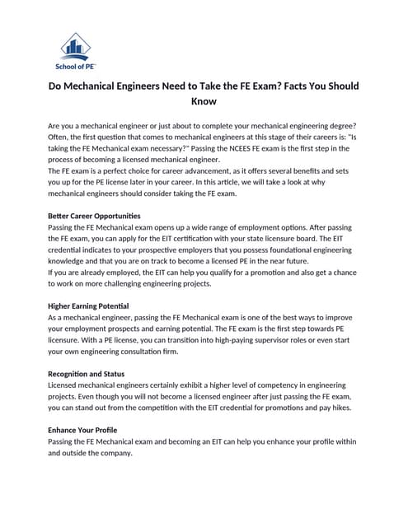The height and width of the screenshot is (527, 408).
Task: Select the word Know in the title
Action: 204,102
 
